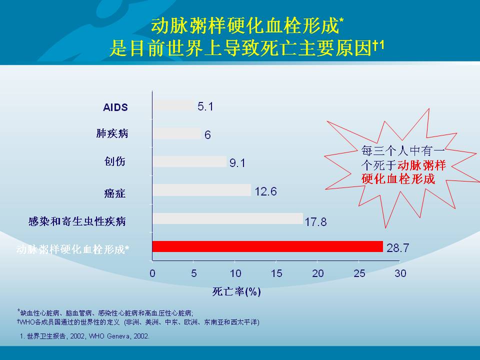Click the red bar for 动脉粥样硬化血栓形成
[x=267, y=246]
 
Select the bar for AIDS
[x=173, y=105]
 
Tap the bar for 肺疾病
[x=176, y=133]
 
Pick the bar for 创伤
[x=189, y=161]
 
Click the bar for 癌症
[x=201, y=190]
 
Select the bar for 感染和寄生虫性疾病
[x=228, y=218]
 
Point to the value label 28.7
[x=397, y=247]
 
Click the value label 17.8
[x=315, y=221]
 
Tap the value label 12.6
[x=265, y=191]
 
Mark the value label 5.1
[x=205, y=106]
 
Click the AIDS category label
[x=115, y=107]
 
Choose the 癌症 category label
[x=115, y=193]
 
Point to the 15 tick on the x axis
[x=276, y=273]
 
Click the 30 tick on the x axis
[x=400, y=273]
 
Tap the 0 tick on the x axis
[x=152, y=273]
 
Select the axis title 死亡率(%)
[x=236, y=291]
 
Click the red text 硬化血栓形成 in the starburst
[x=398, y=179]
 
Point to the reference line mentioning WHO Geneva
[x=85, y=336]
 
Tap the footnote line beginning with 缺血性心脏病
[x=105, y=313]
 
